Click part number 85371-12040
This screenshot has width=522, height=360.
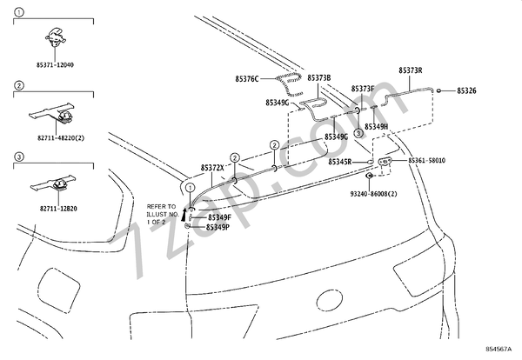coord(56,64)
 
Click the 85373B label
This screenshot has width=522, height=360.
coord(318,77)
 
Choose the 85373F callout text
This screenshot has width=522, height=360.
coord(363,89)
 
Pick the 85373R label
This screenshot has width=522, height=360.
coord(410,70)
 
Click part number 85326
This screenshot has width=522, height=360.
coord(466,90)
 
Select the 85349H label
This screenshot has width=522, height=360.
coord(376,127)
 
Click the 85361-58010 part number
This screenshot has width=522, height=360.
coord(426,161)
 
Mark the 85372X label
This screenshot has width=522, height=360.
coord(212,166)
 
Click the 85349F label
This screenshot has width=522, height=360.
coord(218,217)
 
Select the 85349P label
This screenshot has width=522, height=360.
coord(218,227)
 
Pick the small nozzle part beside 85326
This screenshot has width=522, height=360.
coord(441,90)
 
